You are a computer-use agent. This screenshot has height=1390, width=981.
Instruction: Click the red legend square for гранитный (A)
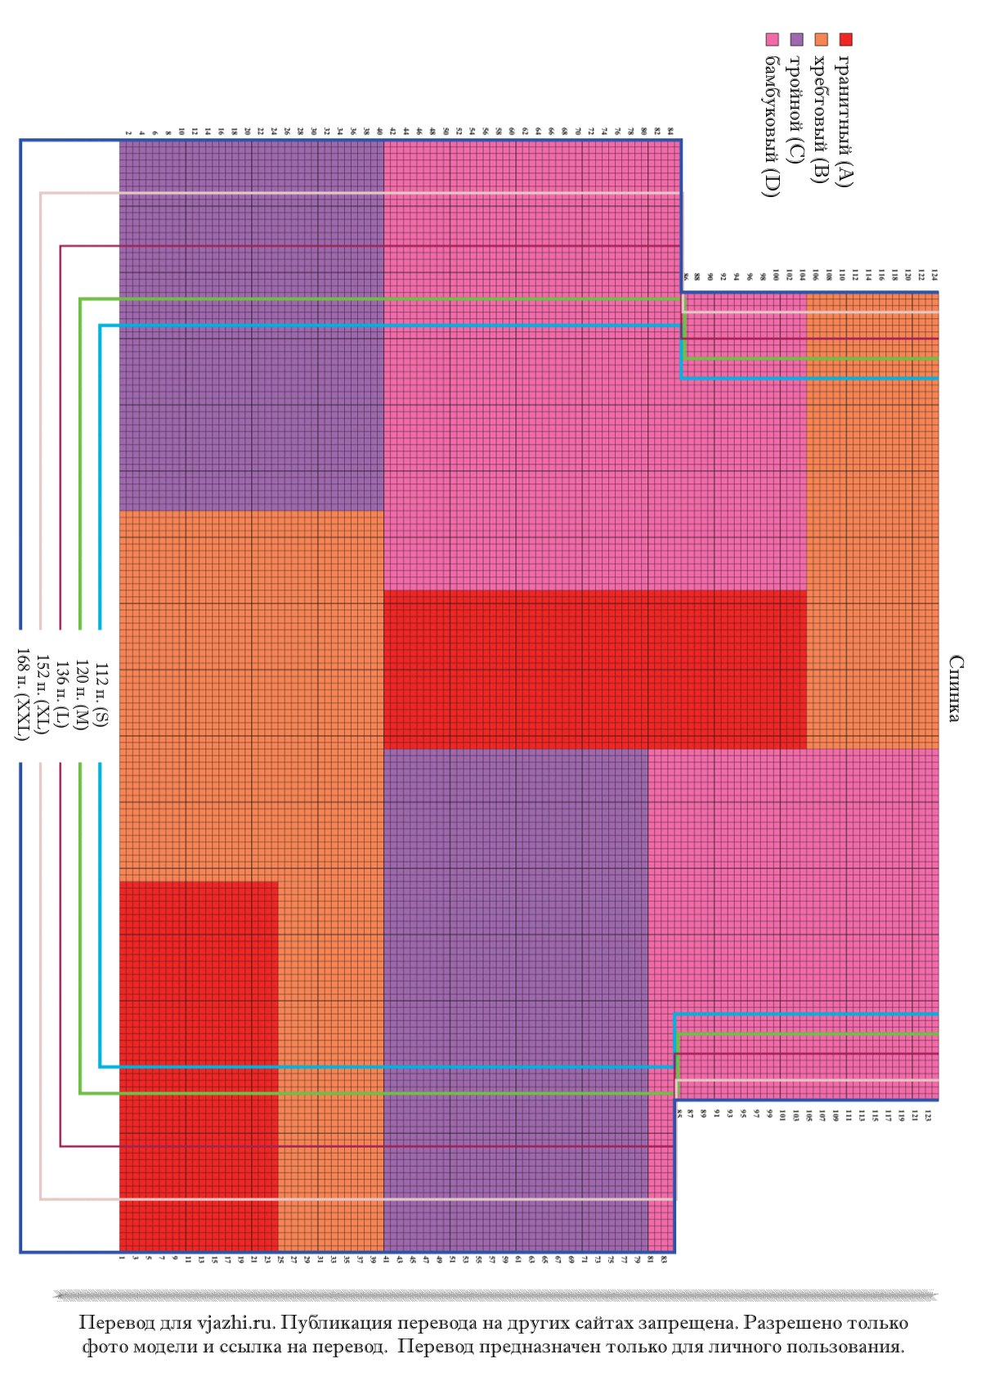(846, 39)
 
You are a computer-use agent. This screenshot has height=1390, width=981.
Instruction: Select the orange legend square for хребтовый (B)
(822, 39)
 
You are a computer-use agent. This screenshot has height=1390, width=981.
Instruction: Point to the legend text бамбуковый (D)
(771, 127)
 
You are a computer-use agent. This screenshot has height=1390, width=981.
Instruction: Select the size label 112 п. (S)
(101, 694)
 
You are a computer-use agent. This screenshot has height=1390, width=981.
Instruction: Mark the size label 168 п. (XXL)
(23, 694)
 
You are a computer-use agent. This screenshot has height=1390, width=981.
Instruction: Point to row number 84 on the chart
(670, 131)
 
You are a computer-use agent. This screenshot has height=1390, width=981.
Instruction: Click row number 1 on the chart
(122, 1258)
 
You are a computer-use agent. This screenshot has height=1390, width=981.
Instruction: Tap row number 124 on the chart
(934, 276)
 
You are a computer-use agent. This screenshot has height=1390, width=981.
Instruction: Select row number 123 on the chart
(928, 1116)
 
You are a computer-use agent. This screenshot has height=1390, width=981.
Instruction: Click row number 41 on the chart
(385, 1259)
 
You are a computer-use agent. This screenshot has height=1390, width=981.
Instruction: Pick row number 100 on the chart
(776, 276)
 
